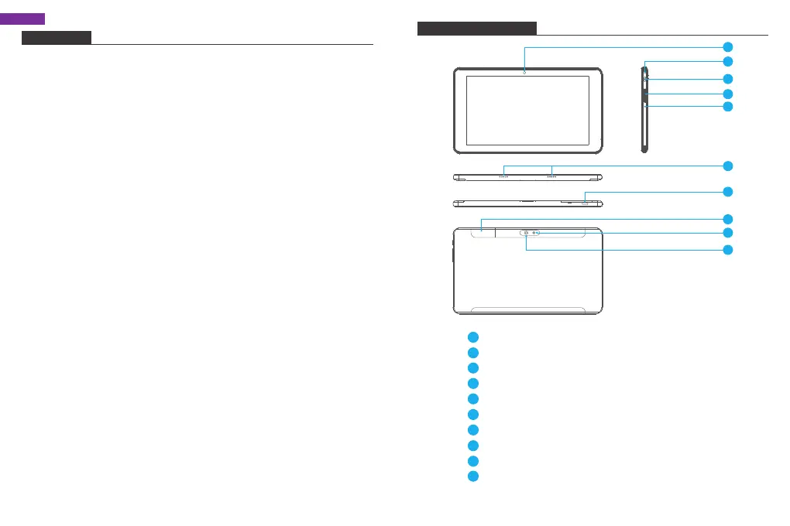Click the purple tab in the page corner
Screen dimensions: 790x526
(22, 19)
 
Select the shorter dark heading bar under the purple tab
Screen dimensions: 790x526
(56, 38)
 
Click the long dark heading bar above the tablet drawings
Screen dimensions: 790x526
(476, 29)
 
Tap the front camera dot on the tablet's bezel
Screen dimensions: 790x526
(524, 72)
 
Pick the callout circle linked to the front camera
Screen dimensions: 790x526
(727, 46)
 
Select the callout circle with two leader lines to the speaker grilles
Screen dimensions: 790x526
(727, 166)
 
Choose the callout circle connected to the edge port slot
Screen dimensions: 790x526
(727, 191)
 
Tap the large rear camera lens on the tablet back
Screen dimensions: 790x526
(526, 233)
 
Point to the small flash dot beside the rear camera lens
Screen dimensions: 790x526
(535, 233)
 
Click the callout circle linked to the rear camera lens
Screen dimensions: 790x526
(727, 250)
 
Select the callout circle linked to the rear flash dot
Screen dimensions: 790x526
(727, 232)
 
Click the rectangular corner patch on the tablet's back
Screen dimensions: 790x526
(481, 230)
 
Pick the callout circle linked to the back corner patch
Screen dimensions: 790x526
(727, 218)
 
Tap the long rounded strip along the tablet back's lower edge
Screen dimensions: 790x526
(527, 309)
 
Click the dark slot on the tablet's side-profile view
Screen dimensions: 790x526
(644, 95)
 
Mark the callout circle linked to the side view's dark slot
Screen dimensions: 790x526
(727, 94)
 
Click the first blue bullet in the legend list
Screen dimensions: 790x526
(473, 337)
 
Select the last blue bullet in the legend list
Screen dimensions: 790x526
(473, 476)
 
